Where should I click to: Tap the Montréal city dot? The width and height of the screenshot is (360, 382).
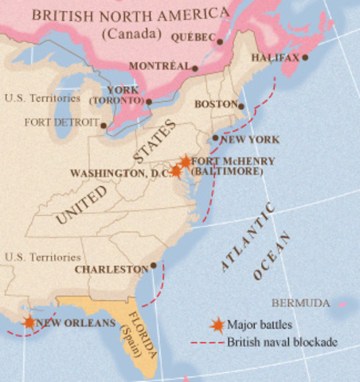pos(194,68)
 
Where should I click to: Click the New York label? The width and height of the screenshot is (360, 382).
pos(251,139)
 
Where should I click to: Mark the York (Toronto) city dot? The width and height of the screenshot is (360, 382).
pos(149,101)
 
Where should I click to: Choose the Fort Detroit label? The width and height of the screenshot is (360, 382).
pos(62,123)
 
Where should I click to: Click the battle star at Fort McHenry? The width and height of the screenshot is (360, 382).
pos(186,162)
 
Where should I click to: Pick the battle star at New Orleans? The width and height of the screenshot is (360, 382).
pos(29,322)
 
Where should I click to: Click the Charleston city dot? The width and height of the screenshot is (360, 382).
pos(153,266)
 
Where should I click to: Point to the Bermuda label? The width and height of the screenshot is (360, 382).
pos(300,303)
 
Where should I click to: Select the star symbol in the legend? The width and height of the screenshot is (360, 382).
pos(216,325)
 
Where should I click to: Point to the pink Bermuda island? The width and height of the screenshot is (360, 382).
pos(343,302)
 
